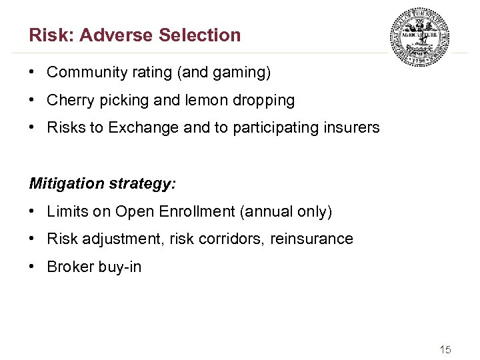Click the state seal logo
pos(419,37)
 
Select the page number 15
pos(445,349)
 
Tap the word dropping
pos(264,100)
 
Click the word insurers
pos(352,128)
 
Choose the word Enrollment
pos(197,211)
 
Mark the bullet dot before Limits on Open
pos(33,211)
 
